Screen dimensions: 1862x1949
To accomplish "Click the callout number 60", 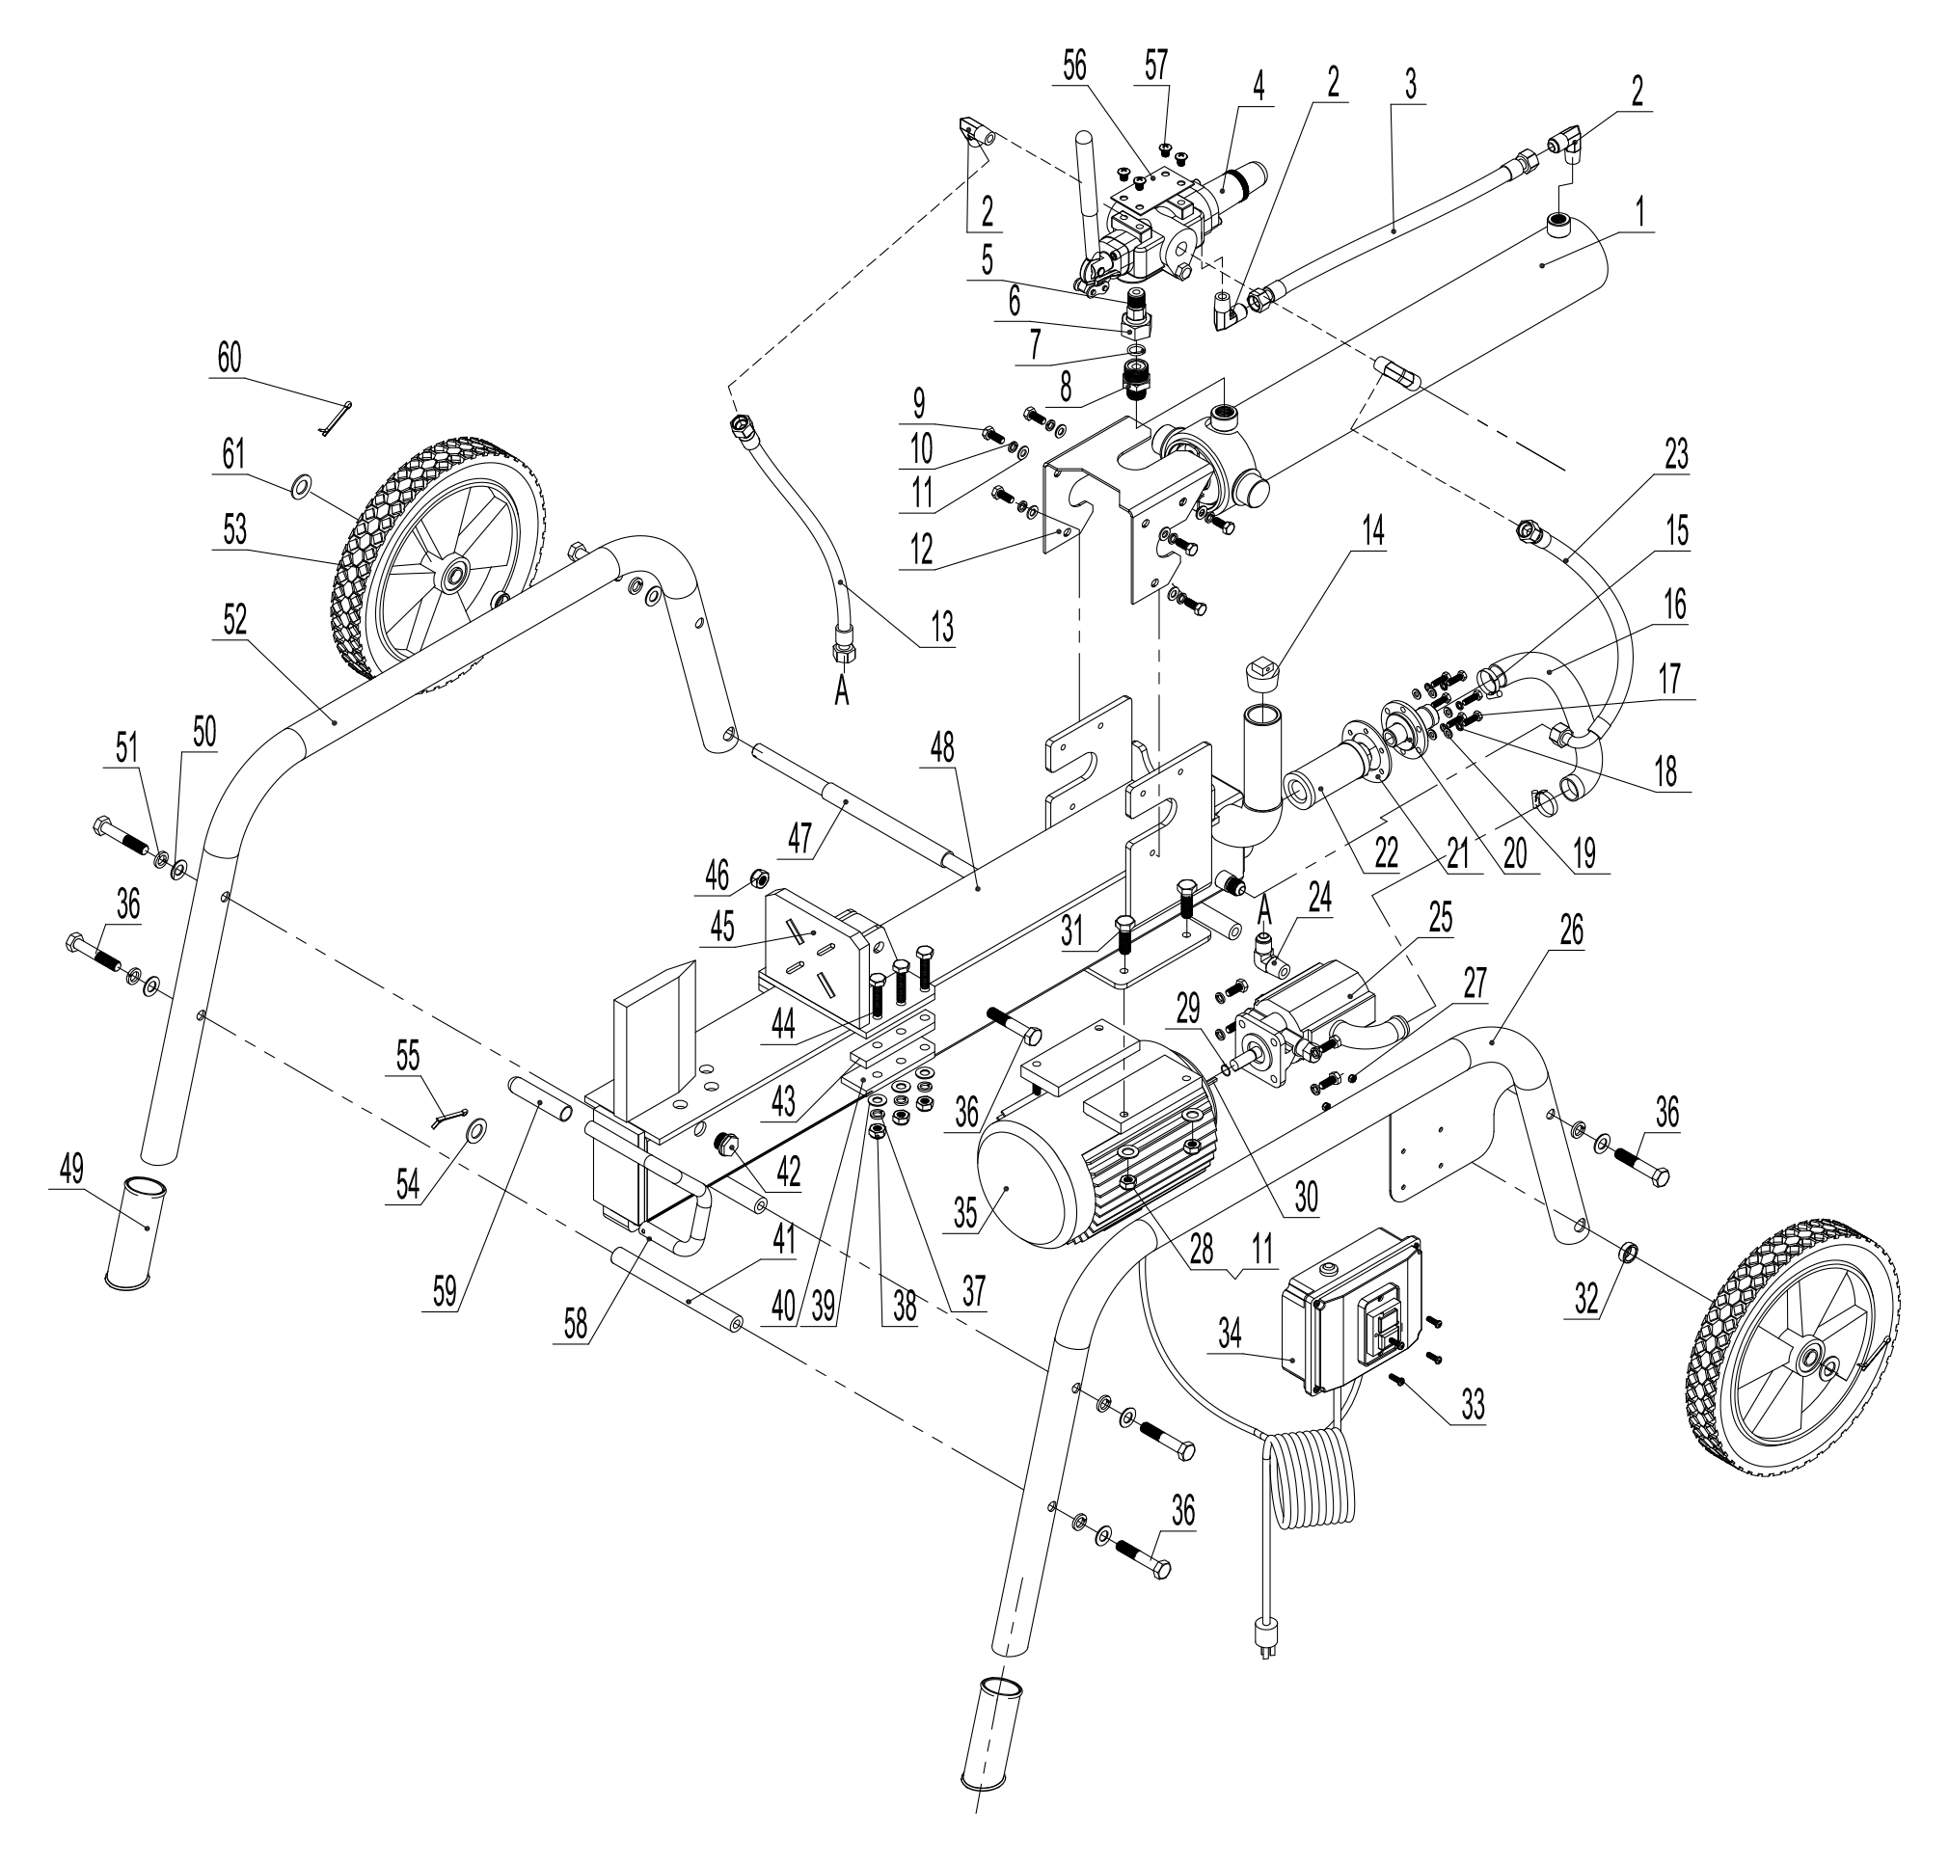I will coord(230,359).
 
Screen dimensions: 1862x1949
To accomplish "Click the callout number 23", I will coord(1675,455).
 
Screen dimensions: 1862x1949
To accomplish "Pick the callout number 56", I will coord(1074,66).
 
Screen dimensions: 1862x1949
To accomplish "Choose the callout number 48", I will coord(941,749).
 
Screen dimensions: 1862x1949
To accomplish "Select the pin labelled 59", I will coord(541,1096).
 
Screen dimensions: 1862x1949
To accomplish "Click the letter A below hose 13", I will coord(841,692).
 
